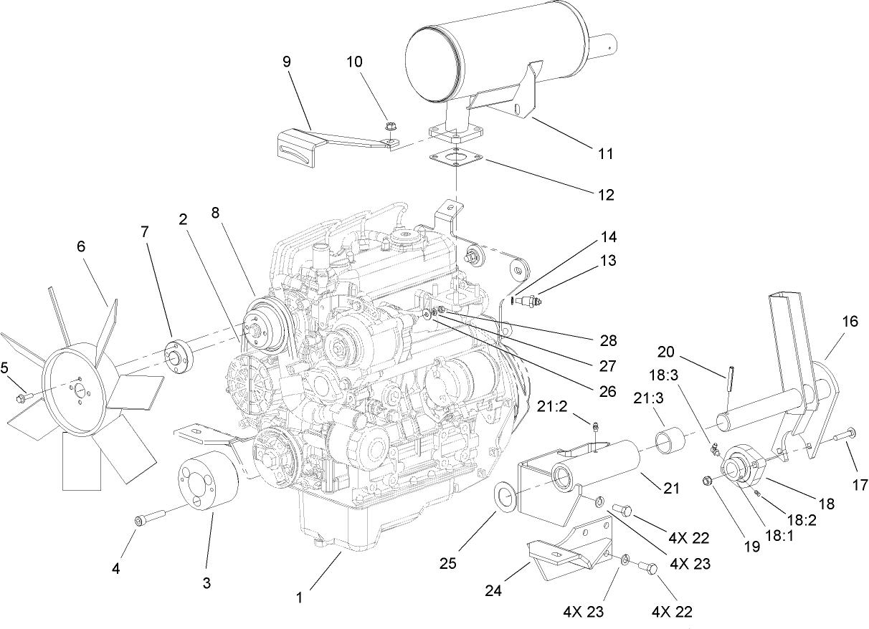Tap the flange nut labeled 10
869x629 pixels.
point(391,130)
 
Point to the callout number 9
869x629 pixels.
point(287,62)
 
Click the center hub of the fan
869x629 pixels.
point(79,390)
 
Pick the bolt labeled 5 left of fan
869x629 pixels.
point(22,395)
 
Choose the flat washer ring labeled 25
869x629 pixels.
point(507,495)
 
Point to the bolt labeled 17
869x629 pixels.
point(845,433)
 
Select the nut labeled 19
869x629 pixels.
point(707,480)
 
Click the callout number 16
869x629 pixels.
point(849,322)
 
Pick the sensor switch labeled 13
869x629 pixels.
point(527,301)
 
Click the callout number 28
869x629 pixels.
point(608,341)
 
